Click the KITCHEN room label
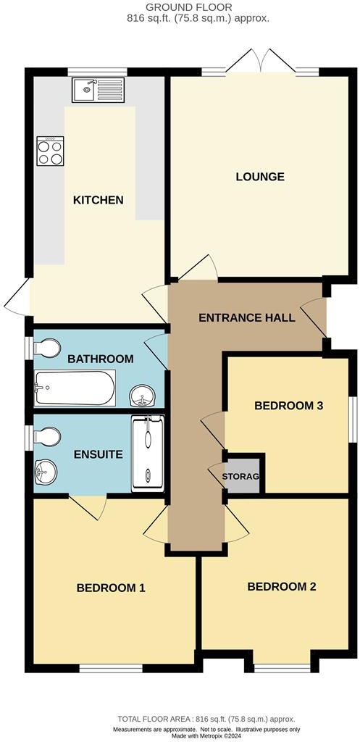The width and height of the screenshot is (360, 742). point(98,199)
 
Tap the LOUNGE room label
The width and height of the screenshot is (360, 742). point(259,176)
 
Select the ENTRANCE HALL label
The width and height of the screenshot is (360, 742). point(246,317)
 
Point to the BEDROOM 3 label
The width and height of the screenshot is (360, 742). point(288,406)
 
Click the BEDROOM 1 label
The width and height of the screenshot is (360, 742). point(111,588)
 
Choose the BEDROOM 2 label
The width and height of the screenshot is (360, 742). point(281,586)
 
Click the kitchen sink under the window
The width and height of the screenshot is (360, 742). point(98,90)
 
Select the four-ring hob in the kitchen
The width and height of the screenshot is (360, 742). point(50,151)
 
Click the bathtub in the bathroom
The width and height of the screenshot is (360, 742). point(74,388)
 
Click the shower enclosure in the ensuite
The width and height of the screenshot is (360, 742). point(147,453)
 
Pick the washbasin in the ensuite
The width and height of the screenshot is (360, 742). point(45,472)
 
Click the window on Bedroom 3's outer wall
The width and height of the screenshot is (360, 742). point(352,418)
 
